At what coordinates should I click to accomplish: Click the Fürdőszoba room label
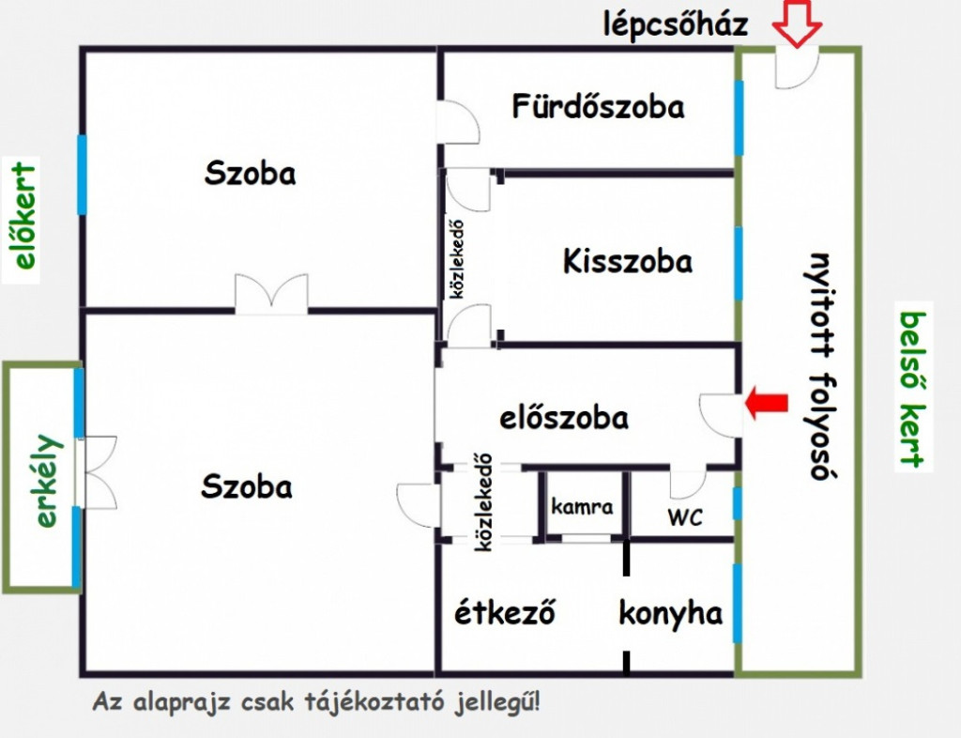(598, 107)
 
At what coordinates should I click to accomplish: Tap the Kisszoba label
(628, 261)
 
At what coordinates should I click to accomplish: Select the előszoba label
(564, 418)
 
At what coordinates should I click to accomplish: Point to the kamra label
(582, 507)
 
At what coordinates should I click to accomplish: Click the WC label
(685, 518)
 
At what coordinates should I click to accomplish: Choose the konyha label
(670, 614)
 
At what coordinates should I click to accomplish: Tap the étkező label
(505, 612)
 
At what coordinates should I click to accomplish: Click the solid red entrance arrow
(767, 403)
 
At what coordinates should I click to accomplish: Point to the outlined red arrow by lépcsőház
(796, 23)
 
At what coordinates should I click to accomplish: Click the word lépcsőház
(676, 25)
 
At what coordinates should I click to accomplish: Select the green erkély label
(48, 481)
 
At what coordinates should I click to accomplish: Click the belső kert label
(913, 390)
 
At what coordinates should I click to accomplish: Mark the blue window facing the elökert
(82, 175)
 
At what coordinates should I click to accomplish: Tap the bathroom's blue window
(740, 117)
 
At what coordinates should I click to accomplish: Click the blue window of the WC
(738, 504)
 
